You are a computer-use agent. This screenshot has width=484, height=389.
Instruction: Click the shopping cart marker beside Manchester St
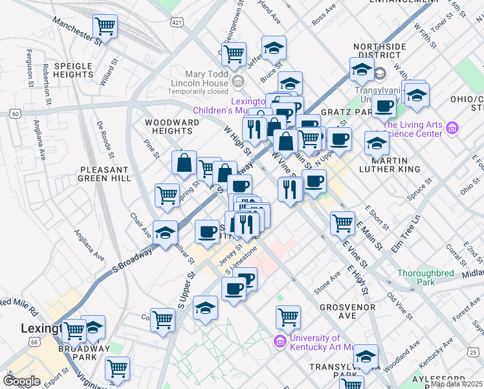105,27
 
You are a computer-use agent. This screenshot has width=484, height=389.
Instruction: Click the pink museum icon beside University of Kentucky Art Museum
280,341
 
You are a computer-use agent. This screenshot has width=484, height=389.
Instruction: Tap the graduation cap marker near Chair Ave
166,233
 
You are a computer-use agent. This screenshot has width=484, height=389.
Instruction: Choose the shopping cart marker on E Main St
342,224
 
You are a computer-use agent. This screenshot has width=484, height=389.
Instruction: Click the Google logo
21,381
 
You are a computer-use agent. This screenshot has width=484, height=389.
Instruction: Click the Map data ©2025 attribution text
457,384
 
